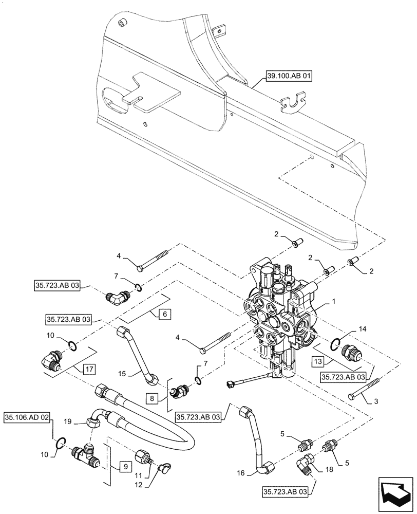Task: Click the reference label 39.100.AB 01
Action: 289,77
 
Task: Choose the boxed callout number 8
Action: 155,397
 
